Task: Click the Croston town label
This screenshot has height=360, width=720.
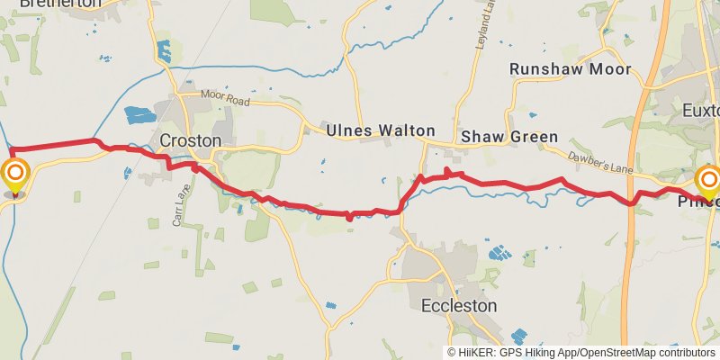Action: (x=190, y=141)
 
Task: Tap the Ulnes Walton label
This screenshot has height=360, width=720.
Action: (x=380, y=130)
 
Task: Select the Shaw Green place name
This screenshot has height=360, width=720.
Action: (x=508, y=137)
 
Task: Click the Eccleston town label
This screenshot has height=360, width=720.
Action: (x=459, y=306)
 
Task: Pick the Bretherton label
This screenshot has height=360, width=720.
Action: (x=50, y=4)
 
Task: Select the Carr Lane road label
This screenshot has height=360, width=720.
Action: (x=177, y=206)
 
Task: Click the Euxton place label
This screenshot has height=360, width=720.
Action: (x=703, y=111)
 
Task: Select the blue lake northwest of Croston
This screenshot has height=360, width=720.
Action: (x=139, y=115)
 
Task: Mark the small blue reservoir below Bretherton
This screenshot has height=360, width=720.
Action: (x=164, y=51)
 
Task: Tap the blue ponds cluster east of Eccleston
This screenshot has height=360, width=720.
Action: (x=498, y=253)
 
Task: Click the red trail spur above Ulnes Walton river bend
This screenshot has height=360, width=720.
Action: (x=447, y=171)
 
